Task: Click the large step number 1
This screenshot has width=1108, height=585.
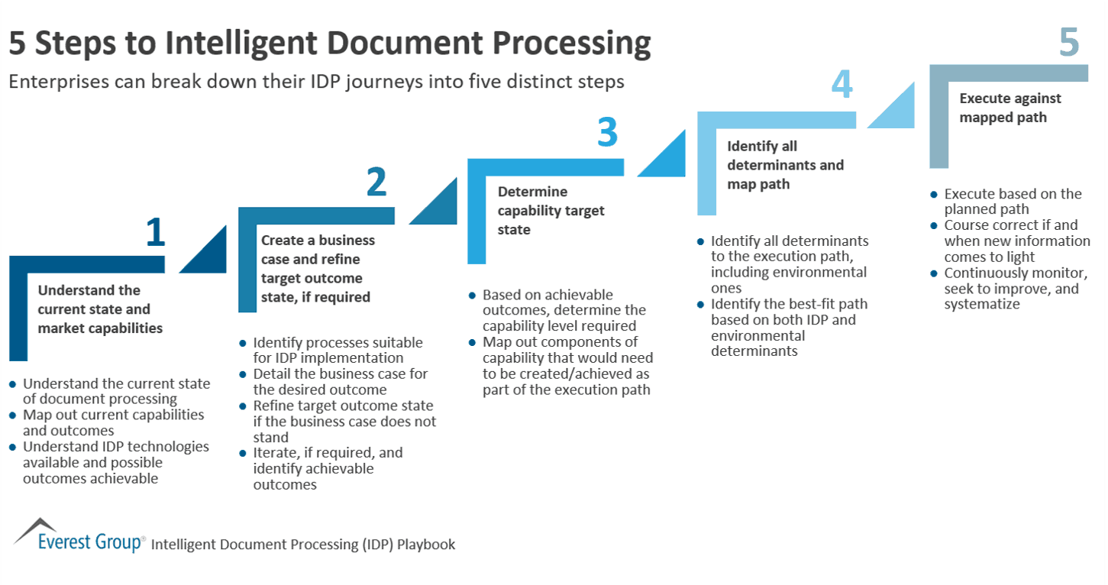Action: [x=155, y=232]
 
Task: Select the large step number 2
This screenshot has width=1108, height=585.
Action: [x=376, y=183]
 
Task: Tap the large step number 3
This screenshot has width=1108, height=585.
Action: [x=606, y=134]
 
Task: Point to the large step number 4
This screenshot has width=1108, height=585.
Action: [x=841, y=85]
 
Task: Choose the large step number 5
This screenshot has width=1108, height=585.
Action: [x=1068, y=43]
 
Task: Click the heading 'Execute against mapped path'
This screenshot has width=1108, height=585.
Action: [x=1009, y=108]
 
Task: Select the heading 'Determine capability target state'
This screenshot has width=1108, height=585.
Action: [x=551, y=210]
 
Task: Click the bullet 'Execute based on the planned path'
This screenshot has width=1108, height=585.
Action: [x=1013, y=202]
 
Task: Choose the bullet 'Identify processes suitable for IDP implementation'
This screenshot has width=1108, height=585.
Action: [x=338, y=350]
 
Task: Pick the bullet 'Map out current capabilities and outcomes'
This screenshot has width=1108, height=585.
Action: [x=113, y=422]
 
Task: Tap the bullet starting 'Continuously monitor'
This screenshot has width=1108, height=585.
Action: [x=1015, y=288]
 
